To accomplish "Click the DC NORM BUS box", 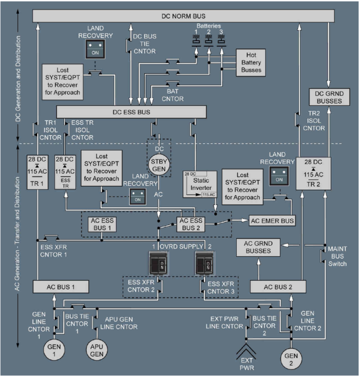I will [x=183, y=17].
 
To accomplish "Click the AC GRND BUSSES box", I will [x=257, y=248].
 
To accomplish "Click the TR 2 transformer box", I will [x=315, y=173].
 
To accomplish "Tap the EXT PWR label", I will [x=245, y=365].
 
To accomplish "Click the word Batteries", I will [x=208, y=25].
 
